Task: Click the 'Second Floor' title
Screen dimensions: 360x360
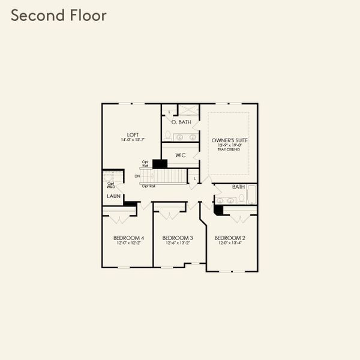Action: pos(58,15)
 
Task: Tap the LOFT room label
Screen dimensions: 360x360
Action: pos(133,134)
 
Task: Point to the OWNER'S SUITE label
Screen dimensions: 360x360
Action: pos(229,140)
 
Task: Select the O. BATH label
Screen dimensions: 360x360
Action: pos(181,122)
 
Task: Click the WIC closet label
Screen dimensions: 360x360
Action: pos(181,155)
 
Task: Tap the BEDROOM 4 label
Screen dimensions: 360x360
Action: pos(127,238)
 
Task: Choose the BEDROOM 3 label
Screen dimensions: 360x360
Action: pos(178,238)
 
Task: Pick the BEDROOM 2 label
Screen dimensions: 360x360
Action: pos(229,238)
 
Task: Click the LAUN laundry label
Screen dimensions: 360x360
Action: pos(113,196)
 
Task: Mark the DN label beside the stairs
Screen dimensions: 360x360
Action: pos(137,176)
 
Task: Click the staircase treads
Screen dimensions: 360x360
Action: pos(171,176)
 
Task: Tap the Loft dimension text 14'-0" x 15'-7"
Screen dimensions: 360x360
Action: pos(133,140)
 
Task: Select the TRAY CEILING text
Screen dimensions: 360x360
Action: pos(229,149)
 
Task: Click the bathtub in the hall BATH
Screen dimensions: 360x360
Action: pos(251,196)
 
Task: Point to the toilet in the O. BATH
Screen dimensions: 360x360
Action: pos(169,135)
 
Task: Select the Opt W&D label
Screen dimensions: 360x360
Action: pos(110,185)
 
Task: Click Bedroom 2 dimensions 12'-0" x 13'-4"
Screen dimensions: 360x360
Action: pos(229,244)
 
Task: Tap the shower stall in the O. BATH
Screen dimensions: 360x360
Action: pos(190,111)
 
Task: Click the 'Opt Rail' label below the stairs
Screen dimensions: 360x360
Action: pos(149,186)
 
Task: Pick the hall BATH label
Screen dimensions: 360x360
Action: pos(239,187)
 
